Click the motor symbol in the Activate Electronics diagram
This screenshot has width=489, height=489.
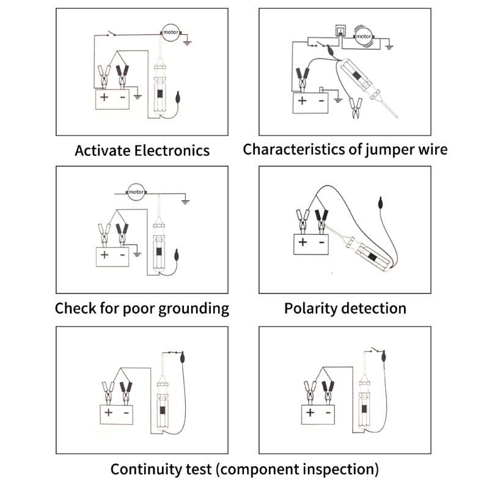[x=169, y=32]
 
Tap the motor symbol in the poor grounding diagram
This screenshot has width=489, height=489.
[x=135, y=193]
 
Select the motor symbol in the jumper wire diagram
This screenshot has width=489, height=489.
[x=364, y=36]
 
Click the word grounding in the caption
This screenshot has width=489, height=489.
[x=194, y=308]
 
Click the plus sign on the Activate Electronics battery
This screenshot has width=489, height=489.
[x=104, y=97]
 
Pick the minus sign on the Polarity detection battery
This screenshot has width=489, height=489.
[x=320, y=241]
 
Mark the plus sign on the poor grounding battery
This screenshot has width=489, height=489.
[x=104, y=254]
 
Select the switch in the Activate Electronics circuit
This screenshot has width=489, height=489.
[x=111, y=34]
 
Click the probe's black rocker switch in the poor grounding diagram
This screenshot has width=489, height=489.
[x=160, y=252]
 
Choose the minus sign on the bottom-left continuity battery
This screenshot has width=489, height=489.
[x=127, y=413]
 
